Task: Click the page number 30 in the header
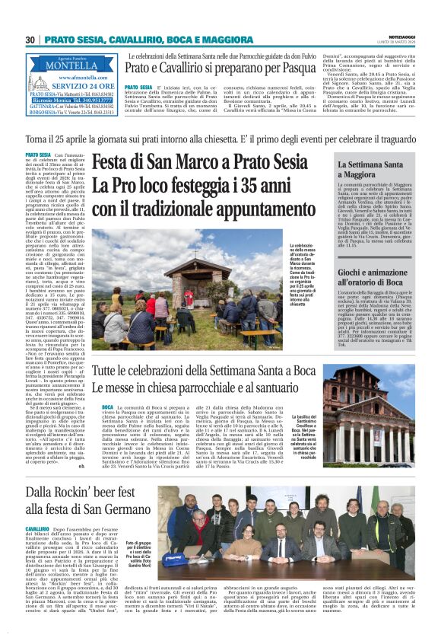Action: [31, 40]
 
